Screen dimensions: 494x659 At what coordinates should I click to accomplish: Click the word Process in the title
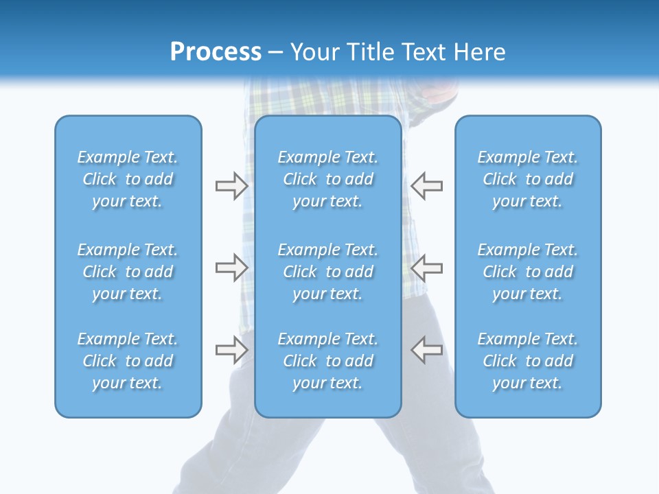[216, 52]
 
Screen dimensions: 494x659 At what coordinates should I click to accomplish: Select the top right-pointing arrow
[231, 186]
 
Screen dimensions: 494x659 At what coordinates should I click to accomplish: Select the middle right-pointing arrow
[231, 268]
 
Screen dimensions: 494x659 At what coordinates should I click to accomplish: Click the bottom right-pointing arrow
[231, 350]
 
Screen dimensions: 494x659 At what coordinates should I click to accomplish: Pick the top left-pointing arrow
[426, 186]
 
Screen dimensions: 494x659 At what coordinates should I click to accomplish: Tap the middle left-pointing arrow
[426, 268]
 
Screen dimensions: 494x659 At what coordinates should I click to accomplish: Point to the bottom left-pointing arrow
[426, 350]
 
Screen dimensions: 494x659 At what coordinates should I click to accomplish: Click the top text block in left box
[128, 179]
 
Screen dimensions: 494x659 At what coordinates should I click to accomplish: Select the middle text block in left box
[128, 272]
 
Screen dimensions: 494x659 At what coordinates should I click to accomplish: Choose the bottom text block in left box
[128, 361]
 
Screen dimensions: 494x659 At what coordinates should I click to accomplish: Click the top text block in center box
[328, 179]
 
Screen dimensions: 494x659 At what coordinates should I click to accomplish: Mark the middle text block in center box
[328, 272]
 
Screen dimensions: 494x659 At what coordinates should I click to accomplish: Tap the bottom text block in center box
[328, 361]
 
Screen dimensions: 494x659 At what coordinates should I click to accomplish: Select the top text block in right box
[528, 179]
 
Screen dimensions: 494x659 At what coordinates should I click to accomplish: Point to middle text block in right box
[528, 272]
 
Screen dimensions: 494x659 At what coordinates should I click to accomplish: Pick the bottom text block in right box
[528, 361]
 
